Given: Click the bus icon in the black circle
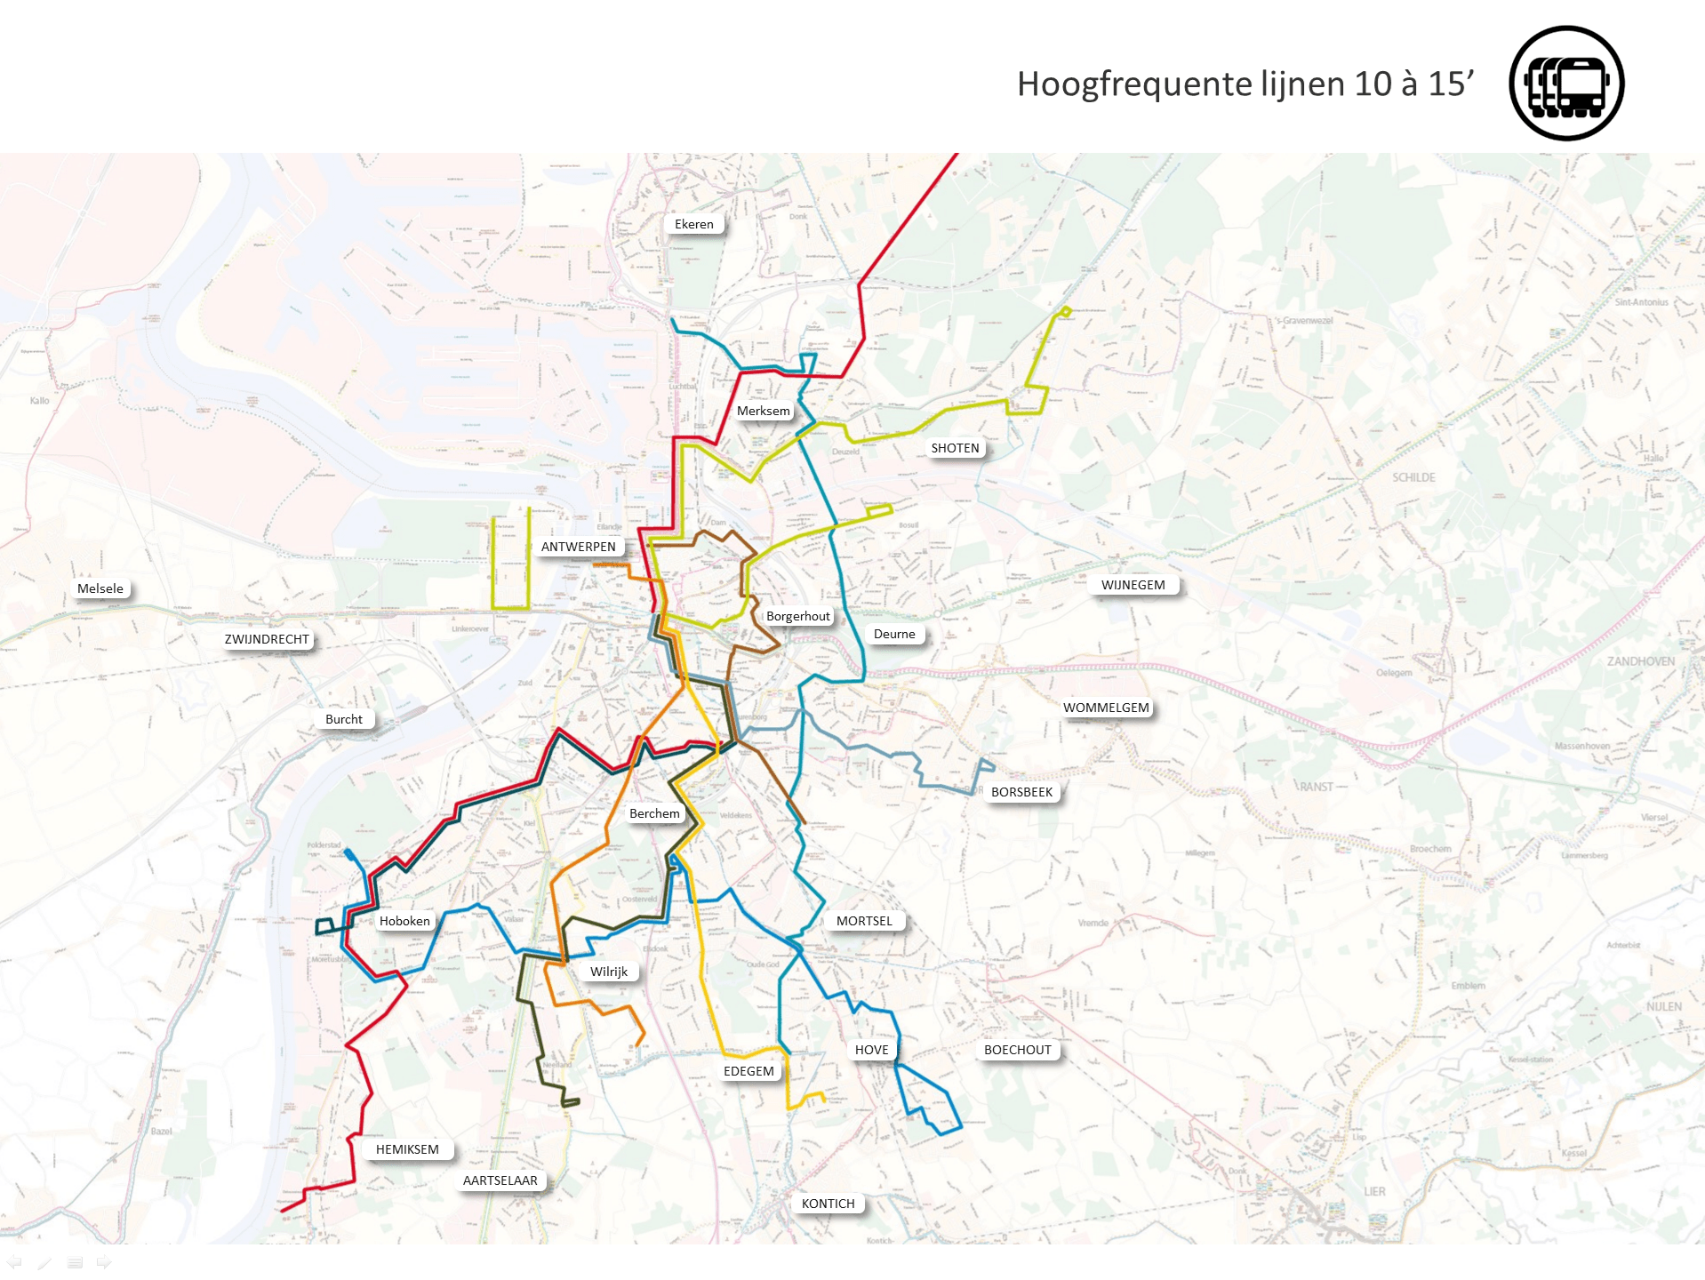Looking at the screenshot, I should click(x=1566, y=84).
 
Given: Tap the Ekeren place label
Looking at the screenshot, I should click(x=693, y=224).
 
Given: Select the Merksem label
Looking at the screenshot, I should click(x=763, y=411).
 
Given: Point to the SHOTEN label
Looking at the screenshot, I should click(x=955, y=448).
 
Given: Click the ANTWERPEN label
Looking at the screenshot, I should click(x=578, y=547).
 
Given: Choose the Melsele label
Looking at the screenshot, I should click(x=100, y=588).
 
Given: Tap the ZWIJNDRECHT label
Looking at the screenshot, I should click(x=267, y=639).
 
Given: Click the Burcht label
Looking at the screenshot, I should click(x=343, y=719).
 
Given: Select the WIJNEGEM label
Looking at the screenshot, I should click(x=1133, y=585).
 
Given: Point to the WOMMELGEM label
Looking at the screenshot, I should click(x=1106, y=708).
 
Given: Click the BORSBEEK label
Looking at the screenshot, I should click(x=1021, y=792).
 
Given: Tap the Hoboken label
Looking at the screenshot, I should click(x=404, y=921).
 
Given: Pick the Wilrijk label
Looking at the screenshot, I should click(x=609, y=972).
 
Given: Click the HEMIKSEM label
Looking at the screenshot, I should click(x=407, y=1149).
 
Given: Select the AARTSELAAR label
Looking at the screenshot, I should click(x=500, y=1180).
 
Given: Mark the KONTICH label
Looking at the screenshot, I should click(x=828, y=1204).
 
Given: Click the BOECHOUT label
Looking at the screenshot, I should click(x=1017, y=1050).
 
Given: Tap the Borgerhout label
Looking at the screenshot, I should click(x=797, y=616).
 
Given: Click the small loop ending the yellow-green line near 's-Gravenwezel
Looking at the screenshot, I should click(x=1064, y=311).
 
